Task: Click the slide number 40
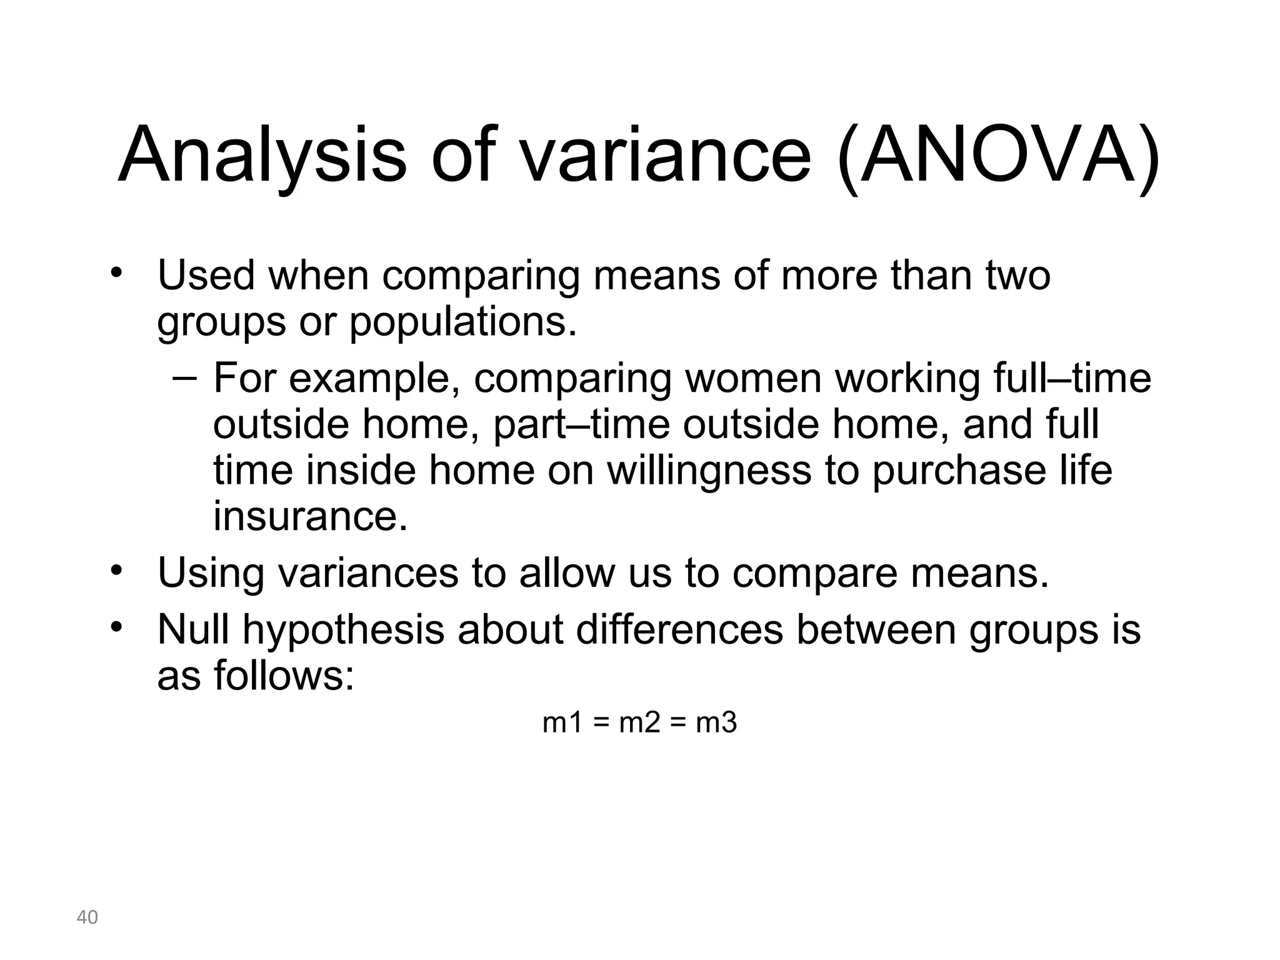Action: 87,917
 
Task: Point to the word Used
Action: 206,275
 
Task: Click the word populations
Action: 462,322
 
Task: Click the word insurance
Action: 311,516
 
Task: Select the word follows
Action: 284,675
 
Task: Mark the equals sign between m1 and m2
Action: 601,724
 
